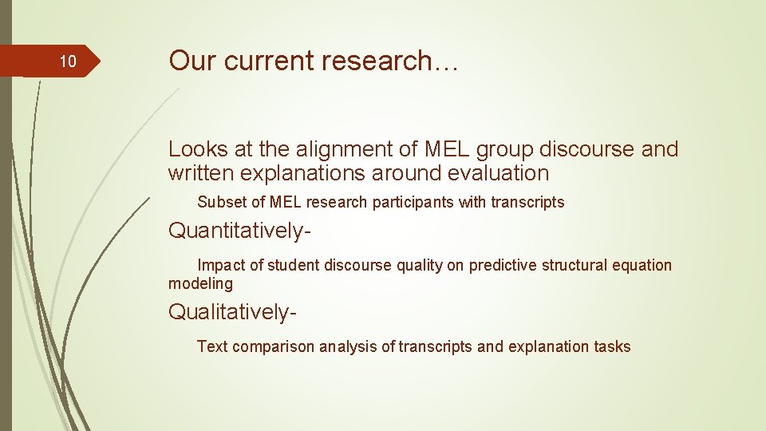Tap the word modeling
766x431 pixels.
(x=200, y=284)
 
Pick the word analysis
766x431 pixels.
(x=347, y=346)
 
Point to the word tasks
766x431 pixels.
(x=612, y=346)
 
